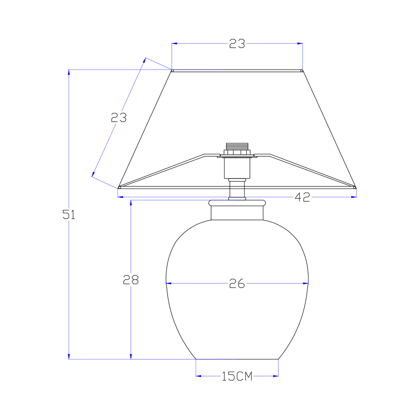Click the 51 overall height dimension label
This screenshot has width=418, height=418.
pyautogui.click(x=69, y=214)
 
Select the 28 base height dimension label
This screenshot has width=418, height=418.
pyautogui.click(x=130, y=280)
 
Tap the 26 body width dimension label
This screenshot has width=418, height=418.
pyautogui.click(x=237, y=283)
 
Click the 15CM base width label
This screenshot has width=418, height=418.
pyautogui.click(x=237, y=376)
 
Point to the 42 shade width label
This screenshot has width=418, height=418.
pyautogui.click(x=302, y=197)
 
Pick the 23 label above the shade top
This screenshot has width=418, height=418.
pyautogui.click(x=237, y=43)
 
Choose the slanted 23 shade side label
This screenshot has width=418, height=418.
pyautogui.click(x=119, y=117)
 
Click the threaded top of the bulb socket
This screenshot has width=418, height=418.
pyautogui.click(x=237, y=146)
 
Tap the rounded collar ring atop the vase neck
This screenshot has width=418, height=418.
pyautogui.click(x=237, y=203)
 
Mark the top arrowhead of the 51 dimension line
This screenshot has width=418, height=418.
pyautogui.click(x=69, y=72)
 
